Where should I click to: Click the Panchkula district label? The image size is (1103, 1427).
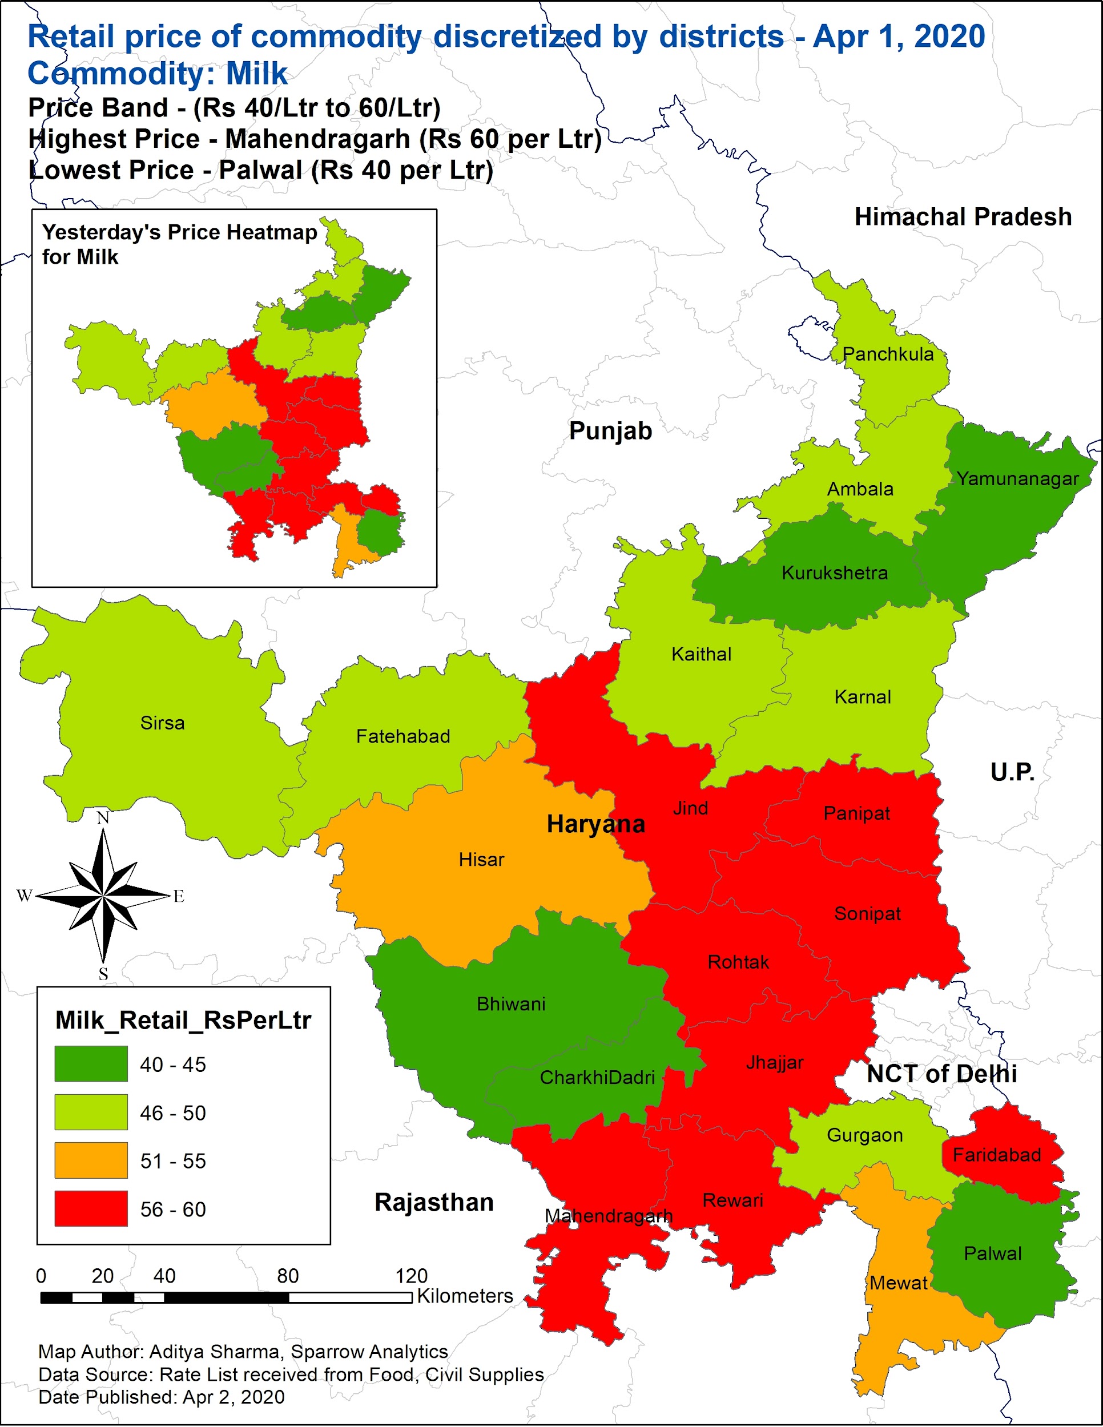[887, 354]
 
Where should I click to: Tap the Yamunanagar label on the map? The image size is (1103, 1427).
[1017, 479]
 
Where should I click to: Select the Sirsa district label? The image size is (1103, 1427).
[162, 723]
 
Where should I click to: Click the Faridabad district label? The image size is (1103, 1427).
[996, 1155]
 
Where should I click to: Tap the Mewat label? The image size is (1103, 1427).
[898, 1283]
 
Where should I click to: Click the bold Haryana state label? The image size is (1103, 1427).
[595, 825]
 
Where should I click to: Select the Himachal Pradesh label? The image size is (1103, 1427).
[963, 217]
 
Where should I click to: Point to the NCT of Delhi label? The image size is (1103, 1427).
[941, 1074]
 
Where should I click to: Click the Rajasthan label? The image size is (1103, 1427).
[434, 1203]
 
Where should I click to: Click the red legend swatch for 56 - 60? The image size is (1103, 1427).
[91, 1209]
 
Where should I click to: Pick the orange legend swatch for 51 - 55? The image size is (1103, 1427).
[91, 1160]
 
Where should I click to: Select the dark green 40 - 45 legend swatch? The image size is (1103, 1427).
[91, 1065]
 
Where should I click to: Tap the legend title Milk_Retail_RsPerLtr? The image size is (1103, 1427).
[183, 1021]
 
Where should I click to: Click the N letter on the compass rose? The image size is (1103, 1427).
[103, 818]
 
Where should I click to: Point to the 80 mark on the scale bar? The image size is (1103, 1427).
[288, 1276]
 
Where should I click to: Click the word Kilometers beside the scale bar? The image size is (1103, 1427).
[465, 1296]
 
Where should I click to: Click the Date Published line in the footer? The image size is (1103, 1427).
[162, 1397]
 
